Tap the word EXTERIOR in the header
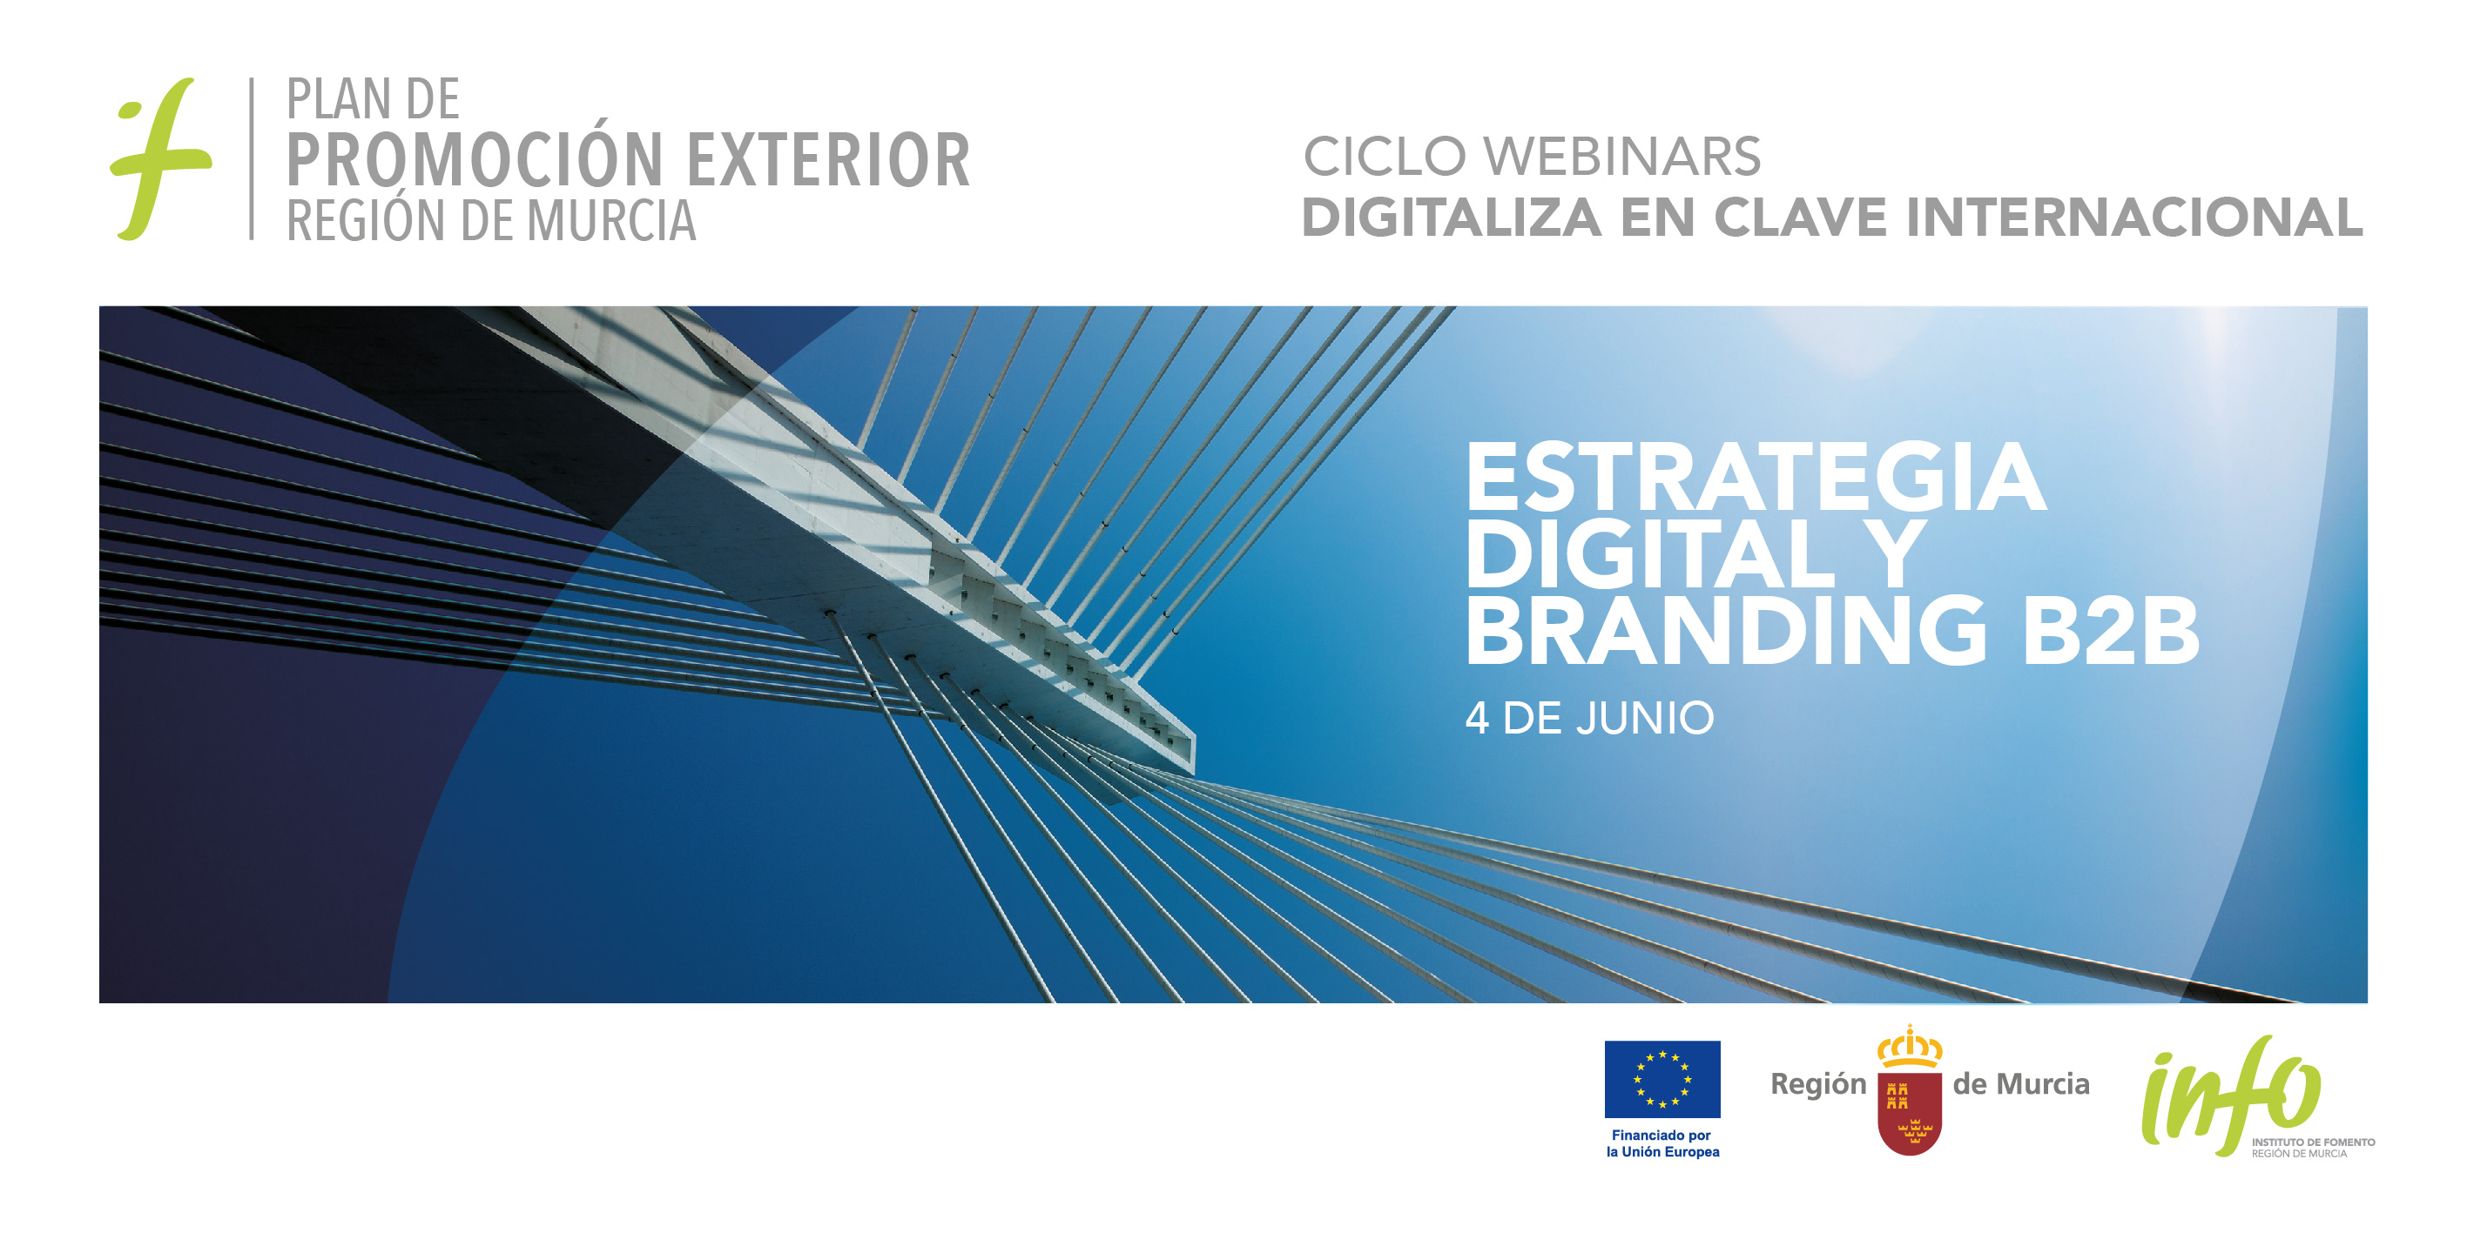click(828, 160)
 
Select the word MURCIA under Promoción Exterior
click(611, 220)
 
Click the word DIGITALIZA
click(1451, 218)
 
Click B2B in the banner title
click(2111, 629)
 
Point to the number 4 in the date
click(1477, 718)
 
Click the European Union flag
click(1662, 1079)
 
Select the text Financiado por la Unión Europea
click(1662, 1143)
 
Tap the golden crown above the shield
click(1910, 1046)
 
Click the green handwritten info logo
click(2231, 1096)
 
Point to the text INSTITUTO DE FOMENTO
click(2313, 1142)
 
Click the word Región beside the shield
click(1818, 1084)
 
